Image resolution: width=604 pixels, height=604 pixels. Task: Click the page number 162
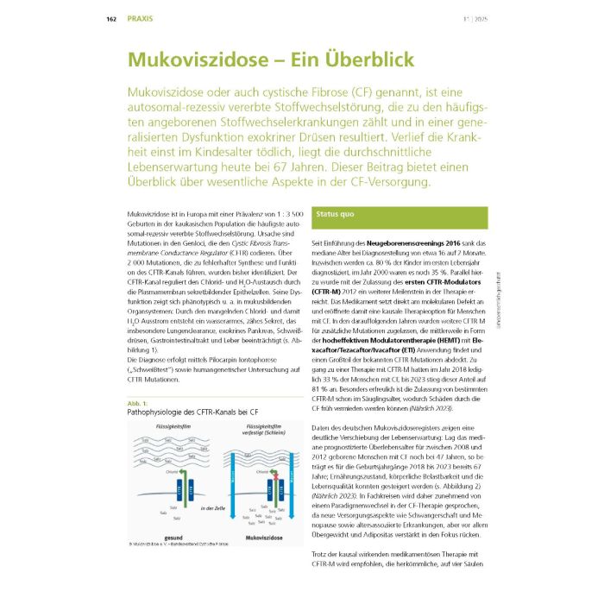111,18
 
